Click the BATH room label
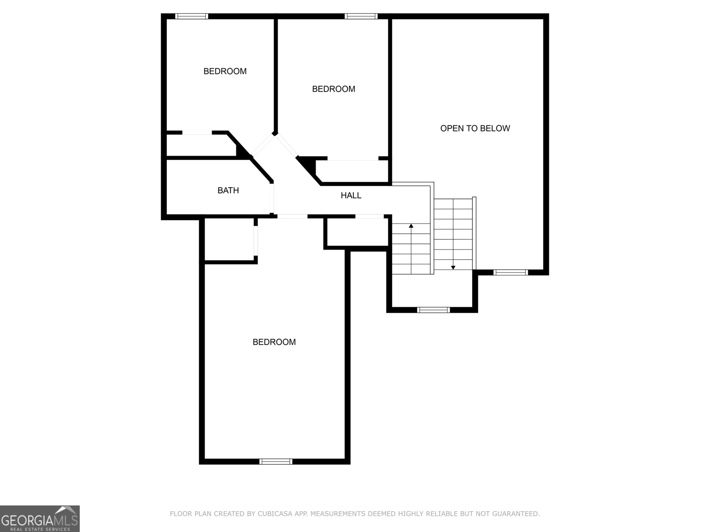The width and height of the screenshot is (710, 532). tap(228, 191)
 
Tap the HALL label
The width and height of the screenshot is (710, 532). tap(351, 196)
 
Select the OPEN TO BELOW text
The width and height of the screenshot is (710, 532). tap(475, 129)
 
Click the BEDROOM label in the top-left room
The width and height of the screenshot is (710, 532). tap(225, 71)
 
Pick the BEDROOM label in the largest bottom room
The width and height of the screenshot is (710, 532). tap(274, 342)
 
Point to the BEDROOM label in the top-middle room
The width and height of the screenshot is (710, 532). tap(334, 89)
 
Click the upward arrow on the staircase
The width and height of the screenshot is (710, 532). tap(411, 226)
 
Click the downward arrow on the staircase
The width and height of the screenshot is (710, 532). tap(453, 267)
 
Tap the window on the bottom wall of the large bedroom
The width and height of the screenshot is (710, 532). tap(276, 462)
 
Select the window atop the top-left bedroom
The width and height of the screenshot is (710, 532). tap(192, 16)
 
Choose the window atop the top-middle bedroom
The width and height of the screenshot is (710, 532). tap(361, 16)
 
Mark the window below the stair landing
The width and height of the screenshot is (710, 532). tap(434, 310)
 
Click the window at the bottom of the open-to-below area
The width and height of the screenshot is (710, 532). tap(511, 272)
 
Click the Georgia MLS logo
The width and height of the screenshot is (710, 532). tap(40, 519)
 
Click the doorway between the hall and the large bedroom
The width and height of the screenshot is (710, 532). tap(292, 216)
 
